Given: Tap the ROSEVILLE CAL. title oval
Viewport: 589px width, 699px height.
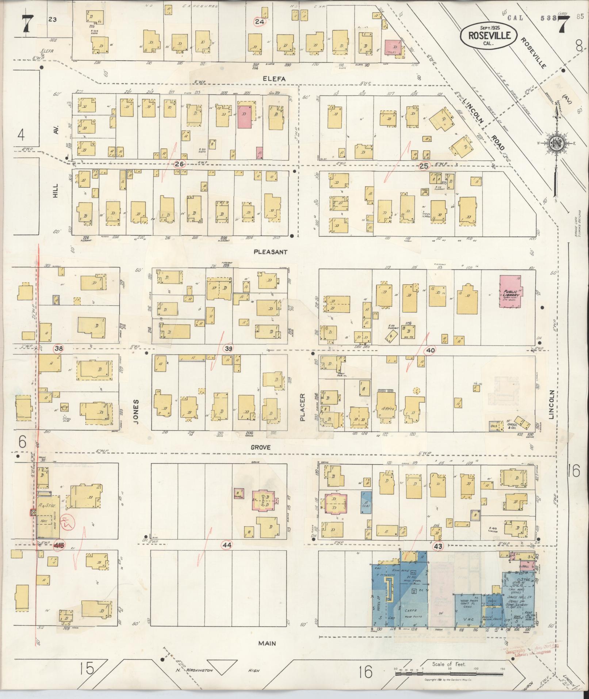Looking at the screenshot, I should [x=488, y=35].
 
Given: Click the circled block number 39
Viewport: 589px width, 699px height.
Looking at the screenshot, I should [x=229, y=349].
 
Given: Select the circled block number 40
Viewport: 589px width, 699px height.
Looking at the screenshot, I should [x=431, y=350].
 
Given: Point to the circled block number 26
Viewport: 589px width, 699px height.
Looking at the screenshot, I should [x=179, y=164].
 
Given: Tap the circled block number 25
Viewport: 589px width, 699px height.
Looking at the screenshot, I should [x=424, y=166].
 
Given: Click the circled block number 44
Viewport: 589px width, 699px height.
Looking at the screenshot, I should [x=227, y=545].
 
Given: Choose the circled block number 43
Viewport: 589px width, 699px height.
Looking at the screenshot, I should [x=438, y=547].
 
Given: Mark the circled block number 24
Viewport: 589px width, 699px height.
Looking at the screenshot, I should [x=260, y=22].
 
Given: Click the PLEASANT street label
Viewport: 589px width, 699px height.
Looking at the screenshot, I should [x=270, y=252].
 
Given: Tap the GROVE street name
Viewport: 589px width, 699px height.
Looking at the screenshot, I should [x=261, y=447].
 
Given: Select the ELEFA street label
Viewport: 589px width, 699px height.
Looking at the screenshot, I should [x=276, y=78].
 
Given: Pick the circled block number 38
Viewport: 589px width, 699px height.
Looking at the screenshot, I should [x=58, y=349].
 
